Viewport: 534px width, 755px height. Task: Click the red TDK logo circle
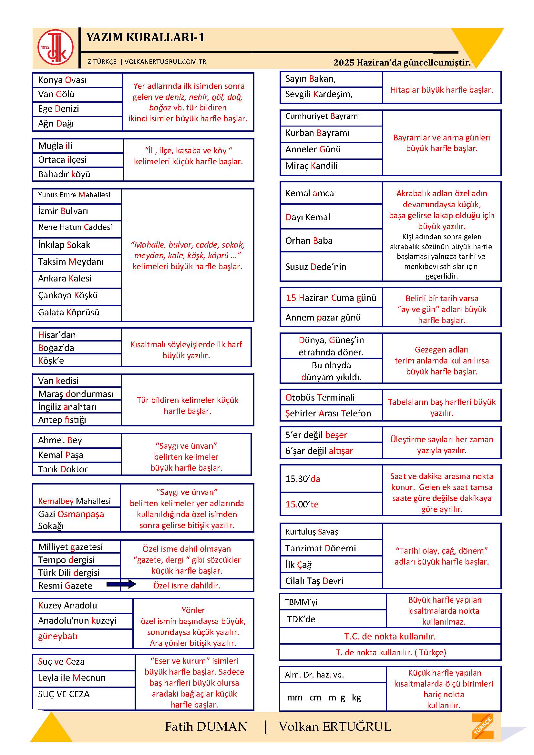[55, 47]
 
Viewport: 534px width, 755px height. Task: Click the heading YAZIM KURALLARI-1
[145, 37]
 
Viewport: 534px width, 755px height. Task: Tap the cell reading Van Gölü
[77, 94]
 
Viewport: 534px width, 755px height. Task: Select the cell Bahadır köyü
[77, 174]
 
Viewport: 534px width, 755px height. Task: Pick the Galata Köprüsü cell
[77, 312]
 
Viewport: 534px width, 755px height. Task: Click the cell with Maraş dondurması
[77, 393]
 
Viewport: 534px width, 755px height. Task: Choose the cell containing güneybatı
[82, 636]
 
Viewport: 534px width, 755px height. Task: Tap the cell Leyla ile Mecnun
[84, 678]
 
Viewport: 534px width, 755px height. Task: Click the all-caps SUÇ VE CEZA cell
[84, 694]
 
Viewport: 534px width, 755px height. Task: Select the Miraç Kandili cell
[331, 166]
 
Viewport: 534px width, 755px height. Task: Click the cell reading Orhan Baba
[331, 241]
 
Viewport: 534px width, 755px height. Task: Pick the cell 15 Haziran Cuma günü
[331, 298]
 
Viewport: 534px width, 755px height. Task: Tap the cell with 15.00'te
[331, 504]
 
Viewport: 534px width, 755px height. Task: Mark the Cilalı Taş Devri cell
[331, 581]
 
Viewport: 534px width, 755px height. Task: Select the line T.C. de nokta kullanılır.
[390, 636]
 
